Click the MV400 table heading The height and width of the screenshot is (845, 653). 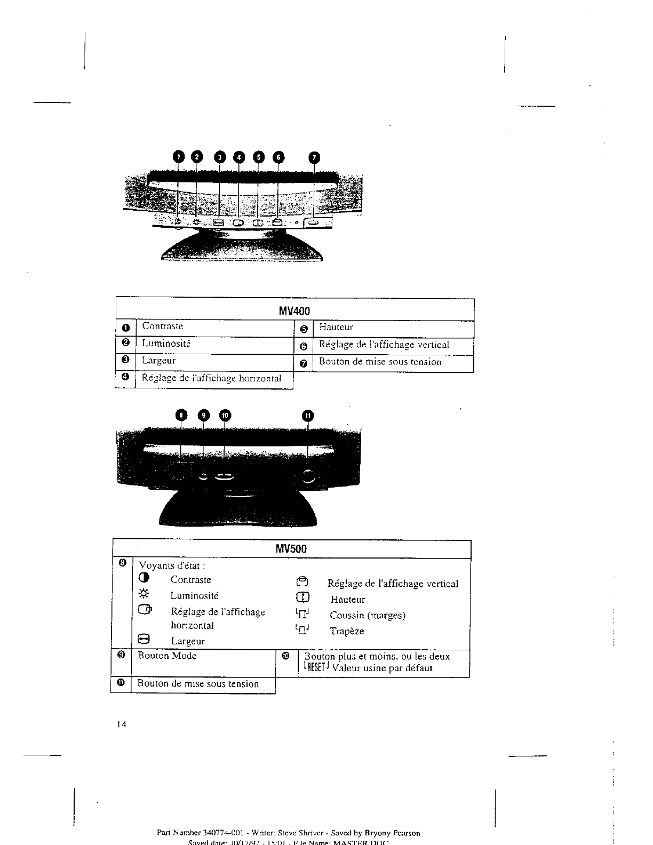point(294,310)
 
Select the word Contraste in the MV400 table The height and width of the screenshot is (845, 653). point(163,326)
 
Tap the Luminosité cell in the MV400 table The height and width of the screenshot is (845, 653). point(166,344)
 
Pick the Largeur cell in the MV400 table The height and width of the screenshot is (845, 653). point(158,361)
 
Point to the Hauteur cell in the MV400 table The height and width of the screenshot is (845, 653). point(336,328)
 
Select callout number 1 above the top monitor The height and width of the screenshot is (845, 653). point(179,156)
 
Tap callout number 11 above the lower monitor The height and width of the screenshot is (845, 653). point(308,416)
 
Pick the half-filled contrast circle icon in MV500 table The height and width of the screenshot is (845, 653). point(144,579)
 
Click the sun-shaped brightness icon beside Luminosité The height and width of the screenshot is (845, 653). point(144,594)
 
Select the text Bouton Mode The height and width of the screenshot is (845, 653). point(167,656)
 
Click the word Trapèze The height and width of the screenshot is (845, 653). point(347,632)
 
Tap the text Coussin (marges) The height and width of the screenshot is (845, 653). point(368,616)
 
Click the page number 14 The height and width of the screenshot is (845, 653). point(121,724)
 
